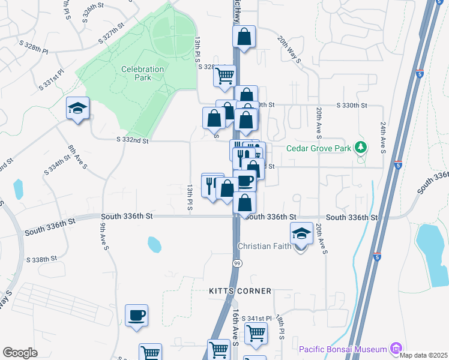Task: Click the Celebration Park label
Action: [x=142, y=73]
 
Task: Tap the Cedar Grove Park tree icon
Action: [x=360, y=147]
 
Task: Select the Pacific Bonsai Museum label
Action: [x=343, y=349]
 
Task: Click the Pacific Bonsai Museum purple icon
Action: [x=395, y=348]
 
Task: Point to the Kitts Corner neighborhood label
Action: [x=240, y=290]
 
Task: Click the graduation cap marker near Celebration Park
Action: [x=77, y=108]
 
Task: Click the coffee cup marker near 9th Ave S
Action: [x=136, y=315]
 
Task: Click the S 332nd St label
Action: [x=132, y=140]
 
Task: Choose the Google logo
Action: [x=20, y=353]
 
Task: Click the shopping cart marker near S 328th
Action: [x=224, y=76]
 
